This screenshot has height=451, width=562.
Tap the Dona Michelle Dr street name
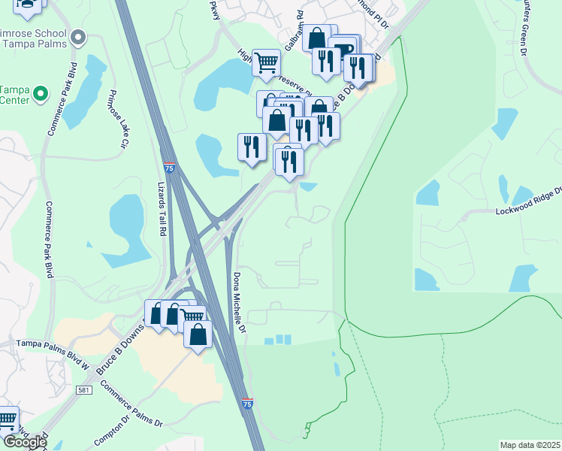(239, 303)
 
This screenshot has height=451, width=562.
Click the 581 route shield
(85, 391)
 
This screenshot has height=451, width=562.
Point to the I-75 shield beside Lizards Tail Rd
(171, 164)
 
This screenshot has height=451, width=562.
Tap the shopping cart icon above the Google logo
(7, 418)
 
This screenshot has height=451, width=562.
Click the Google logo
(25, 441)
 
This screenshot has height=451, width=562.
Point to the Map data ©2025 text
(530, 445)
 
